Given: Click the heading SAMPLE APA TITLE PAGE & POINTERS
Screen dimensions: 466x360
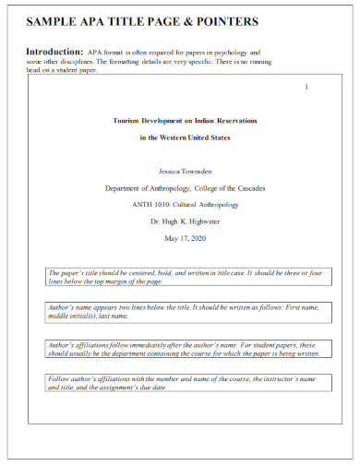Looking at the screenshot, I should click(142, 20).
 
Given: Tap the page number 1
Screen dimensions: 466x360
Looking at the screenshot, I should click(306, 87).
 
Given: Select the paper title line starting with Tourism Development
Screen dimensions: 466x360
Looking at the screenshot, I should click(184, 121).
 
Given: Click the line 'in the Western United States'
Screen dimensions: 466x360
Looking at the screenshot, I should click(184, 137).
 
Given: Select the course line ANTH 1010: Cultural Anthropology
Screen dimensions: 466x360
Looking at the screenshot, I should click(185, 204).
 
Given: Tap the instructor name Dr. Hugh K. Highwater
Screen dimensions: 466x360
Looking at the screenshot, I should click(185, 221).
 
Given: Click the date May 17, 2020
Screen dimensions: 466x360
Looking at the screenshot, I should click(185, 238).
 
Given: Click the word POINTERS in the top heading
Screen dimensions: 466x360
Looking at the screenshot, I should click(222, 20).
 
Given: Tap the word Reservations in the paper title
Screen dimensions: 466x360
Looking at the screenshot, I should click(230, 121).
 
